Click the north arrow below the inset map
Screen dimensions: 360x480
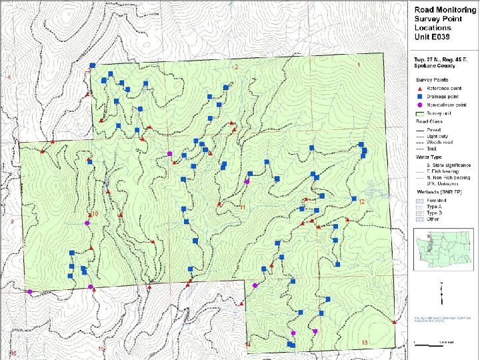[443, 291]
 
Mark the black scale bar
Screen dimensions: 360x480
[433, 344]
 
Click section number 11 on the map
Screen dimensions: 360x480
[243, 208]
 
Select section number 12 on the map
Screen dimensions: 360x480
[362, 201]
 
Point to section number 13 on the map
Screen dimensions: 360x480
[365, 343]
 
